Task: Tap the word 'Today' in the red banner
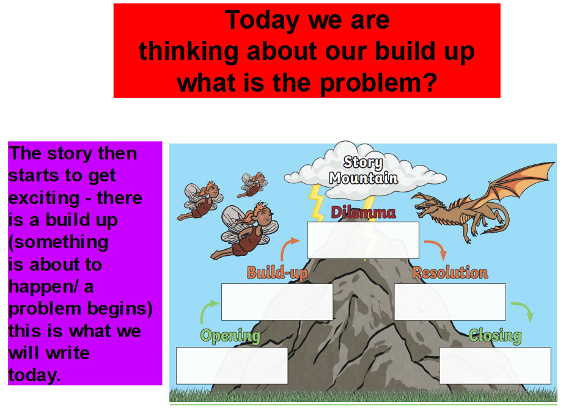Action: coord(262,21)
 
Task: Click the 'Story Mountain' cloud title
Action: coord(363,170)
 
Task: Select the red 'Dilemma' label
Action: coord(363,213)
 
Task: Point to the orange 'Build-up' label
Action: coord(277,273)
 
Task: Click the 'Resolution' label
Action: coord(450,273)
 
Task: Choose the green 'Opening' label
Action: coord(230,336)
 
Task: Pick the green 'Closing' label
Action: coord(495,336)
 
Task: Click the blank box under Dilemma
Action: coord(363,240)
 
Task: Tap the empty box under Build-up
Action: coord(277,302)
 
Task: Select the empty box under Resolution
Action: coord(450,302)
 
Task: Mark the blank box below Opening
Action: coord(232,365)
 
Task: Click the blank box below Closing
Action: coord(495,365)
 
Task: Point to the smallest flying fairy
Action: coord(252,184)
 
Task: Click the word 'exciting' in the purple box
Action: coord(43,199)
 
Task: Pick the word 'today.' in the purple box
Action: coord(34,375)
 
